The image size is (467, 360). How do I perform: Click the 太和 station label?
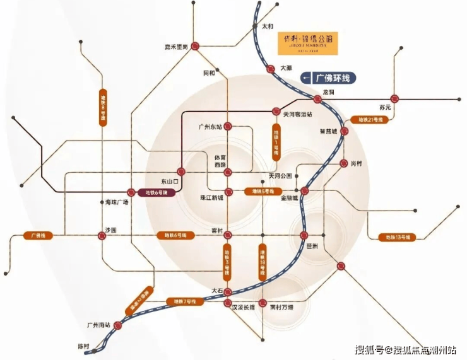click(x=268, y=27)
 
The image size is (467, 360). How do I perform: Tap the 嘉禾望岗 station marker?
click(x=197, y=46)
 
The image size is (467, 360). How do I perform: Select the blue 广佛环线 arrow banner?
click(x=328, y=78)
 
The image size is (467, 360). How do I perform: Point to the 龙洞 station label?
click(x=328, y=91)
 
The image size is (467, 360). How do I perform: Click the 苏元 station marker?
click(x=395, y=98)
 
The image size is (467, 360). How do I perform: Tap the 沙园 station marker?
click(x=102, y=236)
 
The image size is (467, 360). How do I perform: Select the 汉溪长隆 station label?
click(x=243, y=307)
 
